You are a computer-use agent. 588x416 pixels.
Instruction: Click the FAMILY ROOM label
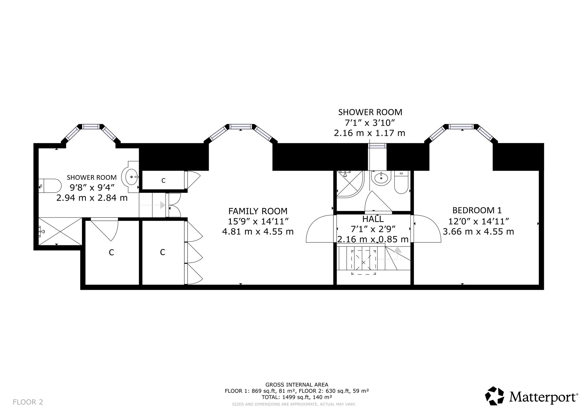258,211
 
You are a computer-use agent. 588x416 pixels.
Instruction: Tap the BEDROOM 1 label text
477,210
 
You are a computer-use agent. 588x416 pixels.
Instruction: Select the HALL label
373,219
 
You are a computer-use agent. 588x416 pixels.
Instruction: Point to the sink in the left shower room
132,177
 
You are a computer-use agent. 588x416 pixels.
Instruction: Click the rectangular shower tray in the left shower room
60,231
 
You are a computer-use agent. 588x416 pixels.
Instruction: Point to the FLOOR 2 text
28,402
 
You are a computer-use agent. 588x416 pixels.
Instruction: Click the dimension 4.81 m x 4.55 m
258,232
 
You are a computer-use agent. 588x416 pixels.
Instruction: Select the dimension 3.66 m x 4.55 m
478,232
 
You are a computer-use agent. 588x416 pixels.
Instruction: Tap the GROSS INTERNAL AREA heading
297,385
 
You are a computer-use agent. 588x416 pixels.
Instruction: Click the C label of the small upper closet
163,181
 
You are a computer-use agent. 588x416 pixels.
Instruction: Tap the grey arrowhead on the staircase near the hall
397,250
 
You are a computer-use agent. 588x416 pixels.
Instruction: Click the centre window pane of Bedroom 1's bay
462,127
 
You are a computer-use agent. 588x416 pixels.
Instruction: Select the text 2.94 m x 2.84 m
92,198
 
